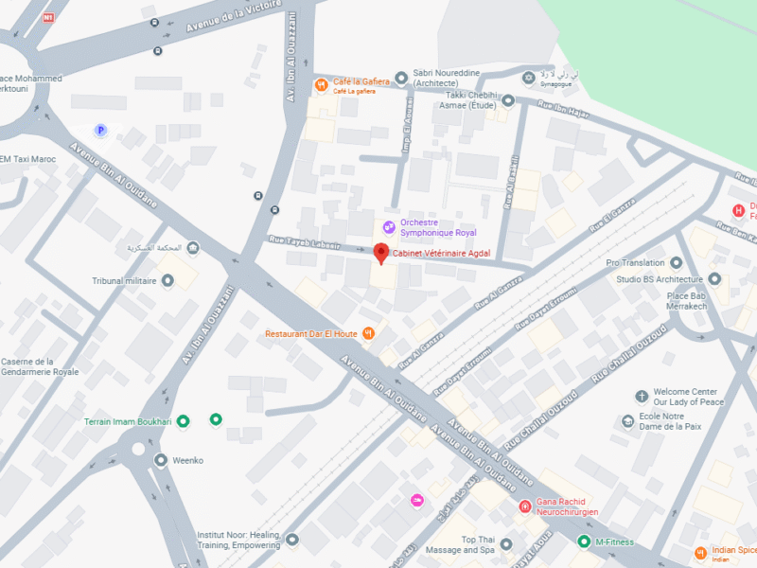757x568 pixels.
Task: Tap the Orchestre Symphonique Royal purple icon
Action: click(x=388, y=226)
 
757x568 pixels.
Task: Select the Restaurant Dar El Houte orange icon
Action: click(x=369, y=333)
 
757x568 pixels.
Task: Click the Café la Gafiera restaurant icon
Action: click(x=322, y=83)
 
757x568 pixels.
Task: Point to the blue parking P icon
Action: click(x=100, y=130)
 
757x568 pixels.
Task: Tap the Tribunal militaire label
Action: click(x=123, y=281)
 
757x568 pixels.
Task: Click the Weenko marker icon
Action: click(x=159, y=461)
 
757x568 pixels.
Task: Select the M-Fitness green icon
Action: click(x=584, y=541)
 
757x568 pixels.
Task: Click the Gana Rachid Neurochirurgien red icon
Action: click(x=524, y=506)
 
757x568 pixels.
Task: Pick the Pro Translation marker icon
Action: click(x=676, y=262)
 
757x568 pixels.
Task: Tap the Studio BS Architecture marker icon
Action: click(x=714, y=279)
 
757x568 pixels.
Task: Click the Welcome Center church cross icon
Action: click(x=642, y=395)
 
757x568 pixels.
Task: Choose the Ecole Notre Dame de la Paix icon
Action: click(x=627, y=421)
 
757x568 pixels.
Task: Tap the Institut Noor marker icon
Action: click(x=292, y=540)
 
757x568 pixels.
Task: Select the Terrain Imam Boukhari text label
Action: click(x=128, y=421)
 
